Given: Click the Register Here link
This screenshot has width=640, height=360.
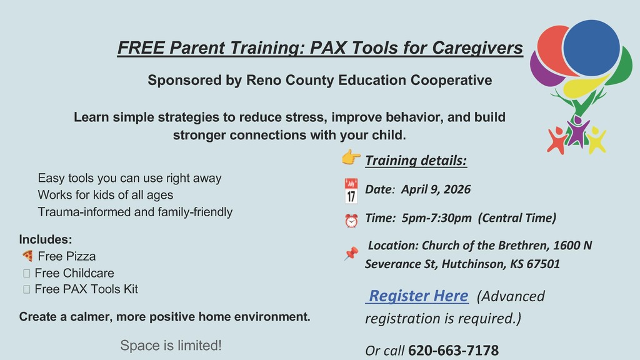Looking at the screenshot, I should click(x=417, y=296).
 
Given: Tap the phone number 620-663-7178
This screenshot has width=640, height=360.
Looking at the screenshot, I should click(x=453, y=351).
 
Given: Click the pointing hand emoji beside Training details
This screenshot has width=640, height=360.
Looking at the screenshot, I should click(x=351, y=157).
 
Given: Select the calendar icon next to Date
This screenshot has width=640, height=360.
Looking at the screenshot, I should click(x=351, y=191).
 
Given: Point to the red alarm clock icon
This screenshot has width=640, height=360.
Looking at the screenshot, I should click(x=351, y=221).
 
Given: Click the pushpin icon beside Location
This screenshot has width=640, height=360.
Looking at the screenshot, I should click(x=351, y=253).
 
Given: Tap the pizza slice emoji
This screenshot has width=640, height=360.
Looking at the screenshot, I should click(x=27, y=256).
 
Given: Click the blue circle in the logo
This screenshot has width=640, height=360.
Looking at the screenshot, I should click(x=591, y=47).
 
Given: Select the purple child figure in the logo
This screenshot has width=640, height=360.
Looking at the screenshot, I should click(x=577, y=131).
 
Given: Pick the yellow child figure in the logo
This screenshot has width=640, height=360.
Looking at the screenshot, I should click(x=596, y=139).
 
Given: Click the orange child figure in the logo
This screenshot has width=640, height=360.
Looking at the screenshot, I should click(x=556, y=140).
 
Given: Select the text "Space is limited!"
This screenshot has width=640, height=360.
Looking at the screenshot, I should click(x=171, y=345).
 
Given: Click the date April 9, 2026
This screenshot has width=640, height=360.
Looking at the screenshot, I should click(x=436, y=189).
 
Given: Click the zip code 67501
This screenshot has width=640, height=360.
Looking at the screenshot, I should click(x=543, y=264).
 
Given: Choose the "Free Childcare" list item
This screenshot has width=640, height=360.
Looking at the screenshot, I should click(x=74, y=272).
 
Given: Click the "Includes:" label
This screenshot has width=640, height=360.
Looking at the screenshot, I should click(x=46, y=239).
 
